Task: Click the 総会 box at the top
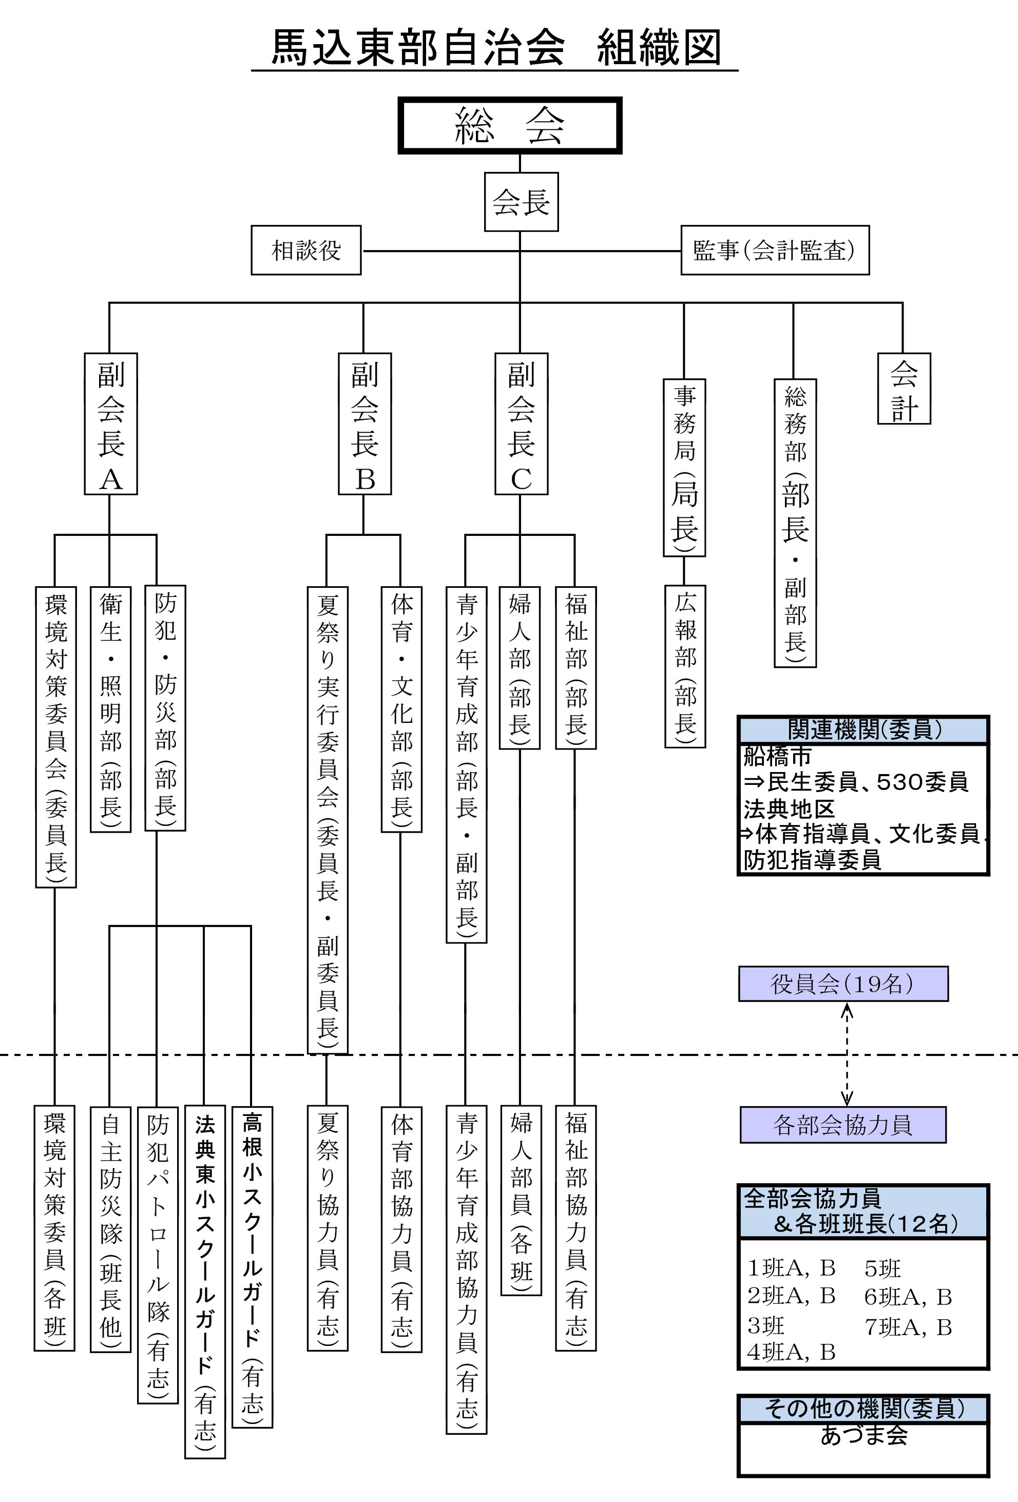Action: pos(509,125)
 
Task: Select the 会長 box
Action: pos(521,202)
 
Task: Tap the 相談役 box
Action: pos(306,250)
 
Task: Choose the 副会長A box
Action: pos(110,424)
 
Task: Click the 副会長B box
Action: pos(364,424)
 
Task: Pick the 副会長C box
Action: pos(521,424)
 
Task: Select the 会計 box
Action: pos(904,389)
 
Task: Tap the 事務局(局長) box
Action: pos(684,467)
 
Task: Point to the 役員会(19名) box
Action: pos(843,984)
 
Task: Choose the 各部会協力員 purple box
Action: pos(843,1125)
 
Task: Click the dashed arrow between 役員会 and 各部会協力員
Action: pos(847,1054)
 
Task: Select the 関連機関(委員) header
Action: pos(863,729)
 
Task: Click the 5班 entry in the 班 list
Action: pos(882,1268)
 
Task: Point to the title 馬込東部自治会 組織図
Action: pos(494,48)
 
